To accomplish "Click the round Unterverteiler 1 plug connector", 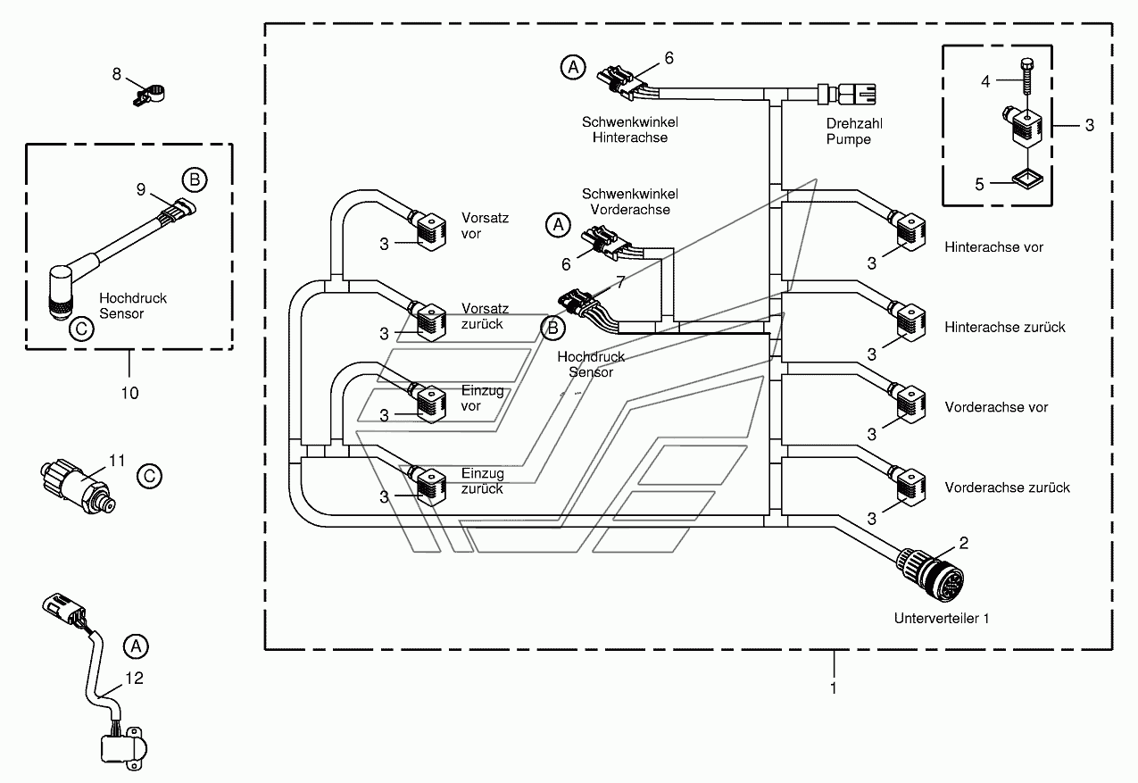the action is click(931, 574).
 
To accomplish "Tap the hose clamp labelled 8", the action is click(150, 96).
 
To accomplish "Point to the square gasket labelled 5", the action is click(1027, 179).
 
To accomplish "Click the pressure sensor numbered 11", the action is click(78, 486).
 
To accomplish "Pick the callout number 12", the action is click(134, 678).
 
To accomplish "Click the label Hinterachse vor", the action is click(993, 247).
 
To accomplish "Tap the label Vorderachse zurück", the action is click(1007, 487).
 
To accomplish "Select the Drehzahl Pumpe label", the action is click(854, 131).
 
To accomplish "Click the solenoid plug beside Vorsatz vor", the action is click(428, 230).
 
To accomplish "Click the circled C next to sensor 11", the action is click(149, 476).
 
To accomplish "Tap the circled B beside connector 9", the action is click(195, 179).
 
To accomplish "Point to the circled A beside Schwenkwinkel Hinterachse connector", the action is click(573, 67).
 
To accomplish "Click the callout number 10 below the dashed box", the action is click(129, 393).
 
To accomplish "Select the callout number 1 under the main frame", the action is click(833, 688).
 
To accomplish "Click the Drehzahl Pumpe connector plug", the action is click(847, 95).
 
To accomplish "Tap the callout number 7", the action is click(620, 282).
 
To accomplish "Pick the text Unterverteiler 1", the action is click(942, 619).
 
